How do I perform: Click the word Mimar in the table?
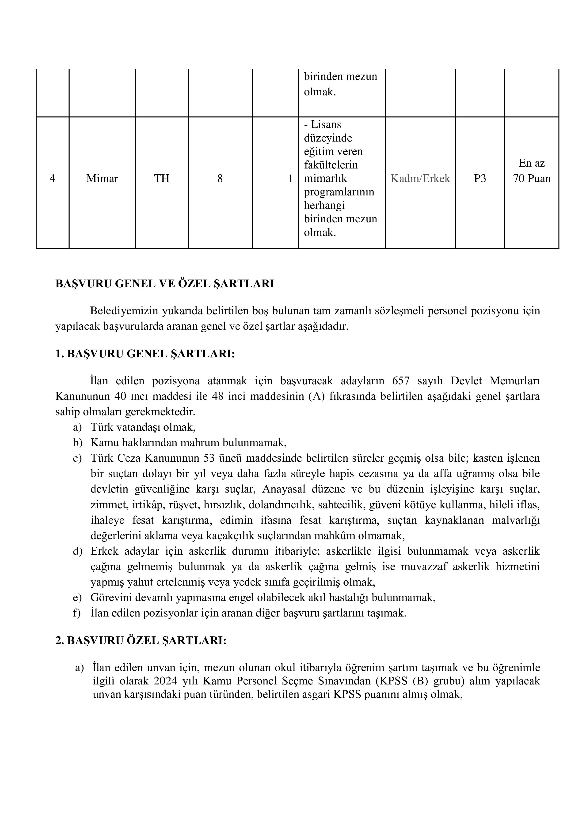[102, 178]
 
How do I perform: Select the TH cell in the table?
[162, 178]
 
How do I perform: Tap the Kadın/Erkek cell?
[420, 178]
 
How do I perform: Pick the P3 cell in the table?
[480, 178]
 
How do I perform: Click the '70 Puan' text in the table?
[532, 178]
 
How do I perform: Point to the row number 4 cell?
[52, 178]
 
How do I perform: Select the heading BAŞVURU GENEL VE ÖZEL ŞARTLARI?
[164, 284]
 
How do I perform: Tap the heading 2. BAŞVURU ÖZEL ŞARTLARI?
[141, 640]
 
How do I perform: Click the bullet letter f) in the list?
[77, 613]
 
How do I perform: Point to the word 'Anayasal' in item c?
[284, 489]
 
